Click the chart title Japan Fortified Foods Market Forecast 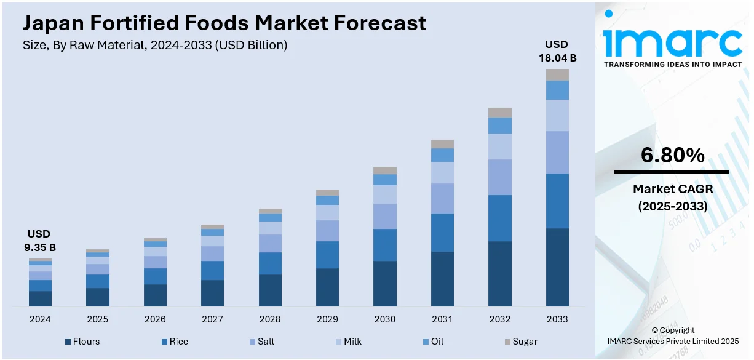tap(224, 23)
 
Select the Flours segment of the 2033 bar tap(557, 267)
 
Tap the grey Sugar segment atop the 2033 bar tap(557, 74)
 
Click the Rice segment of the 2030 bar tap(385, 245)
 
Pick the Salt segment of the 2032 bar tap(500, 177)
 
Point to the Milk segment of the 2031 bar tap(442, 172)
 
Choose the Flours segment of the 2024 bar tap(40, 298)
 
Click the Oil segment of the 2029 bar tap(327, 200)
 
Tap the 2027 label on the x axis tap(212, 319)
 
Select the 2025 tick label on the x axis tap(97, 319)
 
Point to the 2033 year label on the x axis tap(557, 319)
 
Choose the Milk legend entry tap(347, 342)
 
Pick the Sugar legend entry tap(520, 342)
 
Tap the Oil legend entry tap(432, 342)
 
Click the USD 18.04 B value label tap(557, 52)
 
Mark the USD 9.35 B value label tap(39, 241)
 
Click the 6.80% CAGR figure tap(672, 156)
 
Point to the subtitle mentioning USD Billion tap(155, 45)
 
